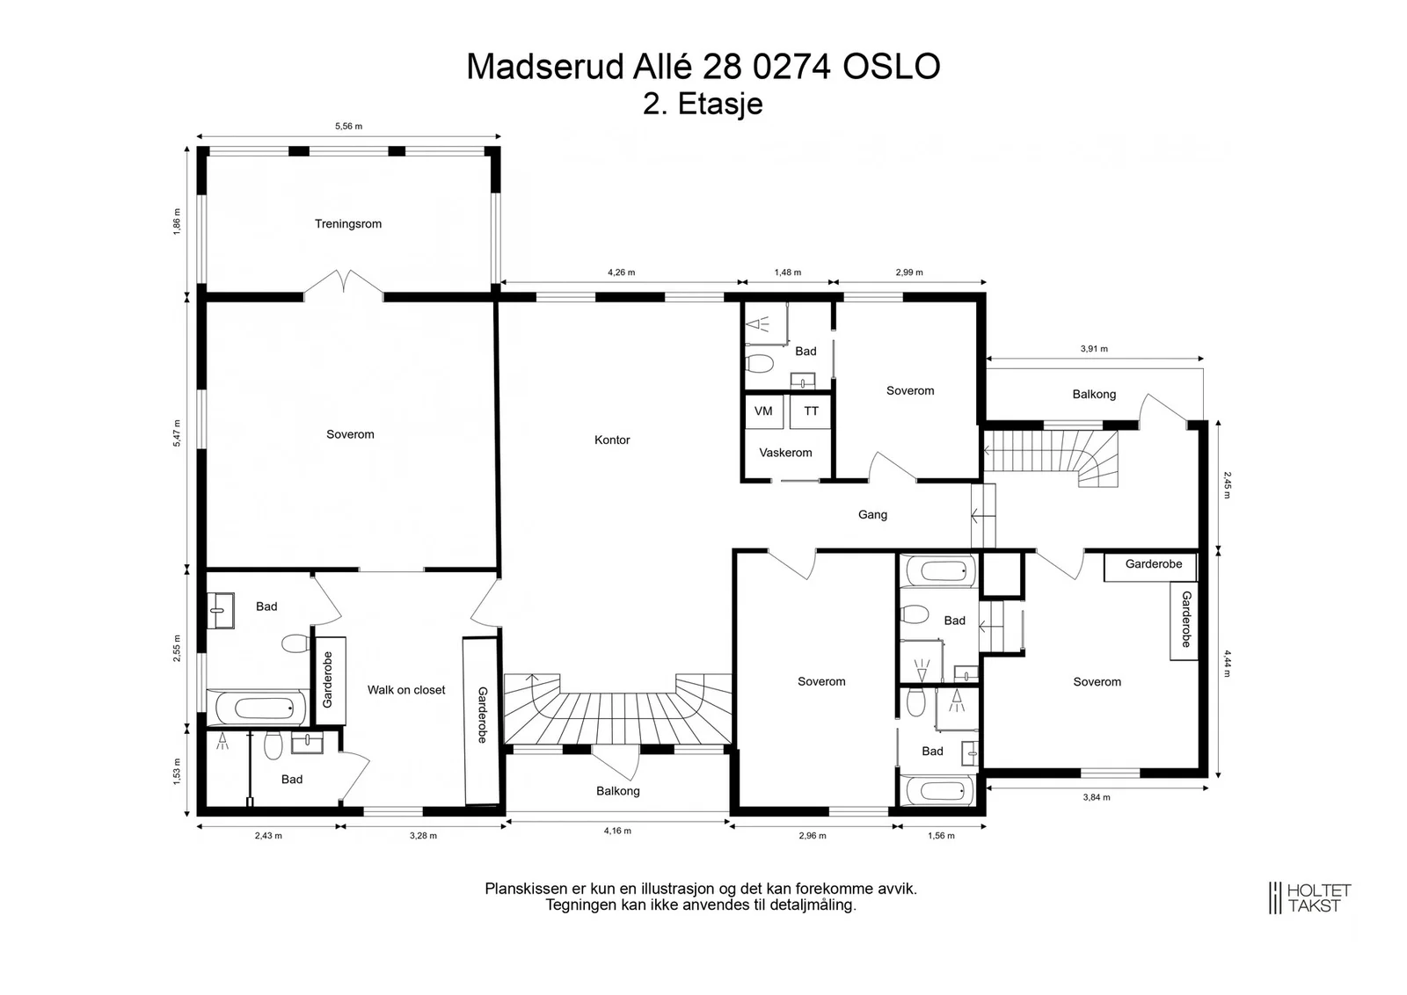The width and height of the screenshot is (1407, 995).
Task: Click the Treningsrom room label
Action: click(x=348, y=224)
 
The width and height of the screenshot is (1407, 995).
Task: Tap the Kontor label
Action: click(x=612, y=440)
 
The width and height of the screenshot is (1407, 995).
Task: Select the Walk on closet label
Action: click(x=405, y=690)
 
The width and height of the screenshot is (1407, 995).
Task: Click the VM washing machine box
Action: click(x=763, y=411)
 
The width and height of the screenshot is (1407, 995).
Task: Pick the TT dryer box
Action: click(x=810, y=411)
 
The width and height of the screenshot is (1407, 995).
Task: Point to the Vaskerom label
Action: click(x=785, y=453)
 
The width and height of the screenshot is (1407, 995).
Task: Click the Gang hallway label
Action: click(x=872, y=515)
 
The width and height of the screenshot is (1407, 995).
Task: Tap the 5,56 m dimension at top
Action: click(x=348, y=127)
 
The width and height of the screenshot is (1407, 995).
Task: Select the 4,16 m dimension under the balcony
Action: click(x=617, y=832)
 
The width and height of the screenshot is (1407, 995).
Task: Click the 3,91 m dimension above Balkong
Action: click(x=1094, y=349)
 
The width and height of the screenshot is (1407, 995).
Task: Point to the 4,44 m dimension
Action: click(x=1227, y=664)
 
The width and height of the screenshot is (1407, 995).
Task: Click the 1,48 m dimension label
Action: click(x=788, y=272)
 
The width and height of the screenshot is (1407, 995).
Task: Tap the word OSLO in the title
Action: click(x=892, y=67)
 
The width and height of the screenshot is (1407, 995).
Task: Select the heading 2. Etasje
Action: click(x=703, y=104)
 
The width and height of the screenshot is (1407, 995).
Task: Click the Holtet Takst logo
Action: click(x=1310, y=897)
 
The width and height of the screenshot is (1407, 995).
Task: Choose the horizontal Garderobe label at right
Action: click(x=1153, y=563)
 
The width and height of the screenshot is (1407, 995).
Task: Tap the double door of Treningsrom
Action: click(x=344, y=284)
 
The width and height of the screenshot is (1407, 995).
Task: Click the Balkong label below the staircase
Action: click(x=618, y=791)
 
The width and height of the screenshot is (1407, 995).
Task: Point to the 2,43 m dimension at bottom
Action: click(x=268, y=836)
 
